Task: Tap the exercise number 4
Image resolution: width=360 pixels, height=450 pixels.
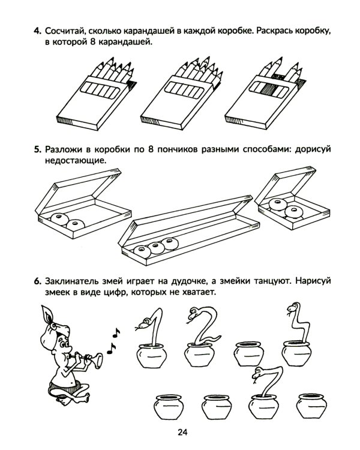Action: tap(37, 30)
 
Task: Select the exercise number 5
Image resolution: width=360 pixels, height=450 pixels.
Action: tap(37, 149)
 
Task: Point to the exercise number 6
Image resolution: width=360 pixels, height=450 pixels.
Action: tap(37, 280)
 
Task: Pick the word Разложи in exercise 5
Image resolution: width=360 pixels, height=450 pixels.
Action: tap(66, 149)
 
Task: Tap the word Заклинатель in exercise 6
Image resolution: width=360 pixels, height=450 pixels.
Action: tap(77, 280)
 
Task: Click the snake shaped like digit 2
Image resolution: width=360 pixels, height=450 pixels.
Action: tap(202, 326)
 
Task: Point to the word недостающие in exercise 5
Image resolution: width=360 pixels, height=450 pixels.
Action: tap(71, 161)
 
